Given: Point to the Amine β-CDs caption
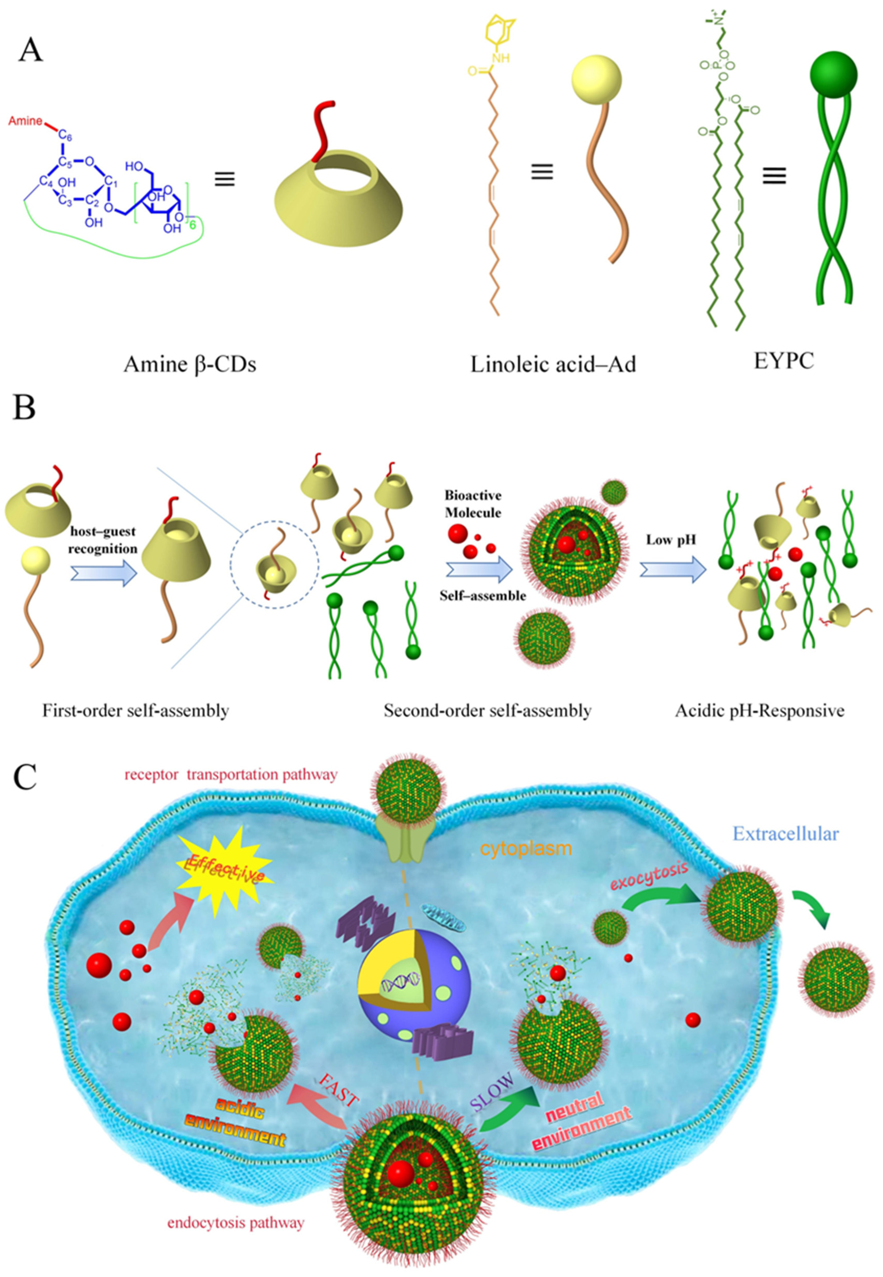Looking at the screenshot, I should (190, 365).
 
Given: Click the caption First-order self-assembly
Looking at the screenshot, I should (135, 710).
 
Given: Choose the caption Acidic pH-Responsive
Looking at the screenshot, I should (760, 710).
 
